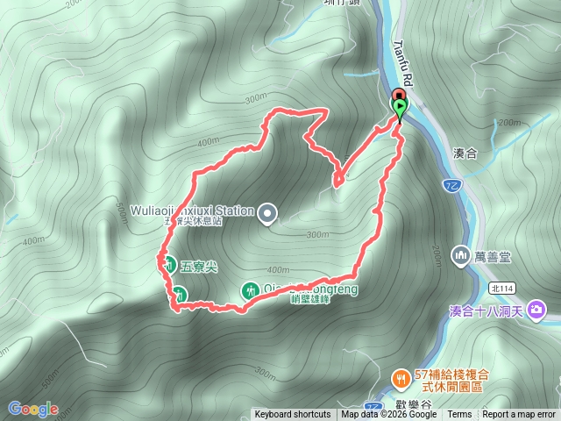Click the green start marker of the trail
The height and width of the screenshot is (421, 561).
coord(400,109)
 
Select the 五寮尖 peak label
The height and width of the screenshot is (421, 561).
coord(199,264)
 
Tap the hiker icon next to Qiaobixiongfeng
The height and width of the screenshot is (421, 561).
coord(250,289)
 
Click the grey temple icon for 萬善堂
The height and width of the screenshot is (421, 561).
coord(462,255)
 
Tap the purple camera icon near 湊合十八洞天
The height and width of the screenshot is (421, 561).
coord(537,310)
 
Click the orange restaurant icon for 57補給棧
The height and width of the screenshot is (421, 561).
coord(400,378)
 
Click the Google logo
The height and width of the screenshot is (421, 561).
coord(32,409)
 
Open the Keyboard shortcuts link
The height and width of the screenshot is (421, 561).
coord(293,414)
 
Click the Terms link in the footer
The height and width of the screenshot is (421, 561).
coord(459,414)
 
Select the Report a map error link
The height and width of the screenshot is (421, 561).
coord(519,414)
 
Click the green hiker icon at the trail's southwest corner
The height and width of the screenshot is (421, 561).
coord(179,294)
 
